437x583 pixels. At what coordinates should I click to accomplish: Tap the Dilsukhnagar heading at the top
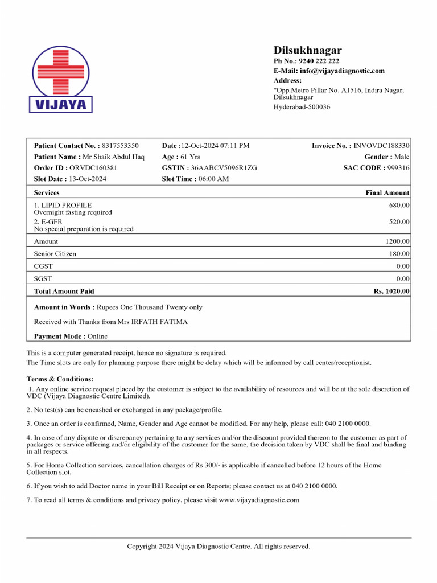[x=307, y=50]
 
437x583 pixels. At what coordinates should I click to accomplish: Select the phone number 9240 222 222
[x=319, y=61]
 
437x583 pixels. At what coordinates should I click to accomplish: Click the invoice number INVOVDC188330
[x=381, y=146]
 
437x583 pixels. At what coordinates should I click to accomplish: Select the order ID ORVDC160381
[x=93, y=168]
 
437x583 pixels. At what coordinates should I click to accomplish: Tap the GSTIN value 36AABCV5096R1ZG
[x=224, y=168]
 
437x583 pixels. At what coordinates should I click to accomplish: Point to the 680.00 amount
[x=399, y=205]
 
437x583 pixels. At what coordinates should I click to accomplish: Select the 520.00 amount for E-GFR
[x=399, y=221]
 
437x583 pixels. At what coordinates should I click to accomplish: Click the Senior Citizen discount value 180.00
[x=399, y=254]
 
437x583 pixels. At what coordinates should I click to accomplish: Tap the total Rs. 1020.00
[x=391, y=291]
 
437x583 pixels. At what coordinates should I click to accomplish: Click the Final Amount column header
[x=387, y=193]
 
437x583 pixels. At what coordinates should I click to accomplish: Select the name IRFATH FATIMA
[x=159, y=322]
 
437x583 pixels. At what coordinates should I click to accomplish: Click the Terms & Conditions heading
[x=60, y=379]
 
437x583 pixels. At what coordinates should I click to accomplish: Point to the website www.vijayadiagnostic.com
[x=259, y=500]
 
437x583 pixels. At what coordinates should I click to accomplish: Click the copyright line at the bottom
[x=218, y=547]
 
